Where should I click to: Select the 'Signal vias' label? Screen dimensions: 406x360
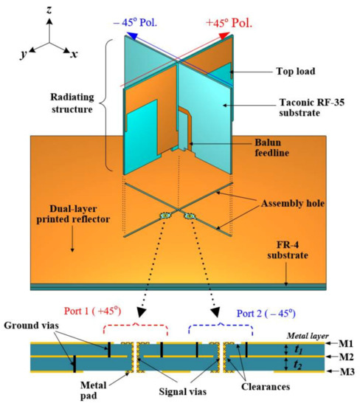(x=176, y=389)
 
